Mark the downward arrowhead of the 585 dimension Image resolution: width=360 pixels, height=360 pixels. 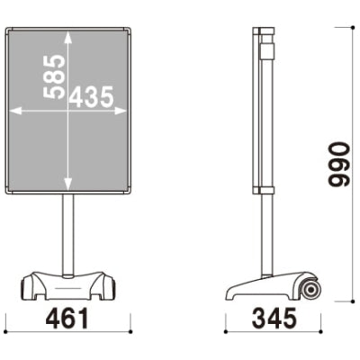pos(68,187)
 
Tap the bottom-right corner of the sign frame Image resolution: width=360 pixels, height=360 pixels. pos(130,192)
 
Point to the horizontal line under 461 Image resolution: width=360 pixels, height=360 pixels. pos(68,332)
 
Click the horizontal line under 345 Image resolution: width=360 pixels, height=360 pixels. pos(275,332)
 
